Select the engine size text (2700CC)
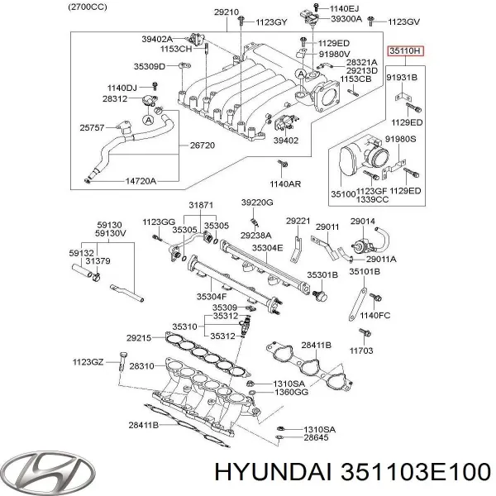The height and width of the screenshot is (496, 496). point(88,7)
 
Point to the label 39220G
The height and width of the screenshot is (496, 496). point(257,203)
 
